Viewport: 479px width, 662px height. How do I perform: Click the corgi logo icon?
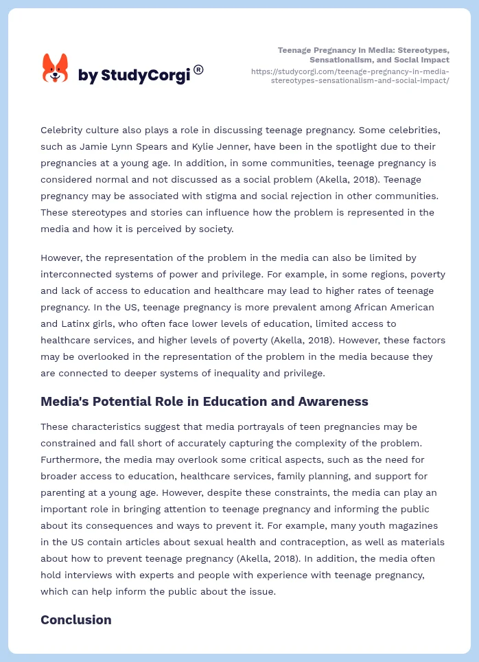[56, 69]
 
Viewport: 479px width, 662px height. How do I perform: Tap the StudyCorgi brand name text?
[134, 75]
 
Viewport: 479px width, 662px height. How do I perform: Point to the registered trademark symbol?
[198, 69]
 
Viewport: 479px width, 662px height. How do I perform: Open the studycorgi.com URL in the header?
[350, 76]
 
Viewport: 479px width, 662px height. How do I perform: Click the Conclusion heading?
[75, 620]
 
